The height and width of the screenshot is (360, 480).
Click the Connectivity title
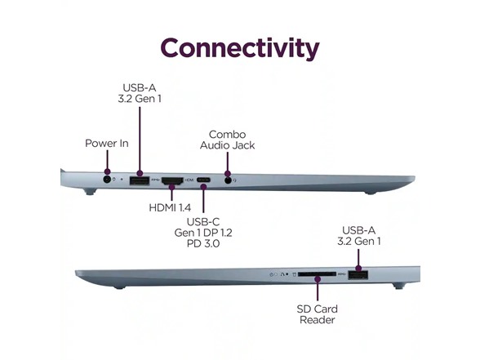pos(240,48)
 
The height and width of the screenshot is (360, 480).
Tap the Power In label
pos(106,144)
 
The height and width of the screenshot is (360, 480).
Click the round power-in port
pos(107,180)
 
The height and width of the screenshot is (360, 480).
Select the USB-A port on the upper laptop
pos(140,180)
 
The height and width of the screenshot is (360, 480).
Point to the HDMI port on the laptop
pos(172,180)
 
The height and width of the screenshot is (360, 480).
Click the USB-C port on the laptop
pos(203,180)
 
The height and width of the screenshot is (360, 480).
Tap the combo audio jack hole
pos(228,180)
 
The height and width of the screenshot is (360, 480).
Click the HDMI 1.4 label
pos(170,207)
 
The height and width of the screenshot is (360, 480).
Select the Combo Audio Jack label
pos(227,140)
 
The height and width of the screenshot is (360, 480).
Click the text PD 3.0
pos(203,243)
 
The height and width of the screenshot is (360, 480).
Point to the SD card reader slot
pos(317,274)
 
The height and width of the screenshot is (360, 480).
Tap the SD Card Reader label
pos(317,314)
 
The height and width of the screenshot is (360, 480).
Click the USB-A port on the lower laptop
pos(358,275)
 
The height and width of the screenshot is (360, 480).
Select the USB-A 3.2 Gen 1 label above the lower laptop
pos(359,236)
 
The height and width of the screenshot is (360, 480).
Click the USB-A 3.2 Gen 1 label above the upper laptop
pos(140,93)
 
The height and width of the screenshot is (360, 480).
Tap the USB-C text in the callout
pos(203,221)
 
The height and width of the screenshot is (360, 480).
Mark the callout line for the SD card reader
pos(318,289)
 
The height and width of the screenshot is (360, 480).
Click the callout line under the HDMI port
pos(171,193)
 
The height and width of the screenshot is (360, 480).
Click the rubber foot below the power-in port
pos(91,192)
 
